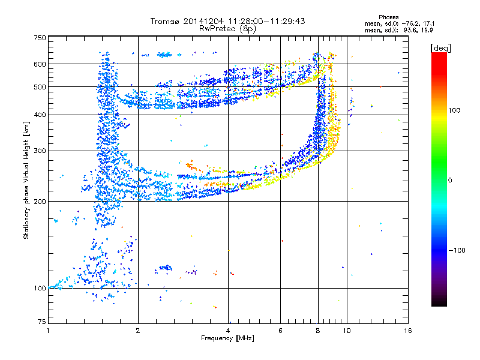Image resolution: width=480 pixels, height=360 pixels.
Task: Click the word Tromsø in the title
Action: [166, 21]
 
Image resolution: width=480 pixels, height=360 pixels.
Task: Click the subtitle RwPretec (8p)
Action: [227, 29]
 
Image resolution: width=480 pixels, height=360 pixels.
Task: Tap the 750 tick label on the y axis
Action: [40, 38]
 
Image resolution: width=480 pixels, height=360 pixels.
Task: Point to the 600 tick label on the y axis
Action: [40, 64]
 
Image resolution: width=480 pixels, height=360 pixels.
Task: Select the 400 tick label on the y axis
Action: [40, 115]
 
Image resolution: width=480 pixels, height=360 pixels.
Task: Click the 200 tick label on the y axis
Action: [40, 202]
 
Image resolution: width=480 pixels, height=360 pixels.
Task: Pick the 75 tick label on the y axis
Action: [42, 322]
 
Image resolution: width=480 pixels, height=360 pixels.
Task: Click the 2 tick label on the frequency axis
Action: [138, 331]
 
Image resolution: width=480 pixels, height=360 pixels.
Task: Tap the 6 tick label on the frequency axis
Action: [280, 331]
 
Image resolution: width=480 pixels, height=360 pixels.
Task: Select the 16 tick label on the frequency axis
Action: [408, 331]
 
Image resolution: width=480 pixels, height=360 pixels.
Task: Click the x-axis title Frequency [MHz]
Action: [227, 338]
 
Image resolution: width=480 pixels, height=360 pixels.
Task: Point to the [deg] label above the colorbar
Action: [440, 48]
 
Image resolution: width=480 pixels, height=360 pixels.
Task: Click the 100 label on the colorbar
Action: [454, 110]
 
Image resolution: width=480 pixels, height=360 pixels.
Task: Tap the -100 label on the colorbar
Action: [457, 250]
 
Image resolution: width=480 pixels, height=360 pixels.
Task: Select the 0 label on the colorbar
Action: [450, 181]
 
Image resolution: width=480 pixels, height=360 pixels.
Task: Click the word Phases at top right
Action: [388, 17]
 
